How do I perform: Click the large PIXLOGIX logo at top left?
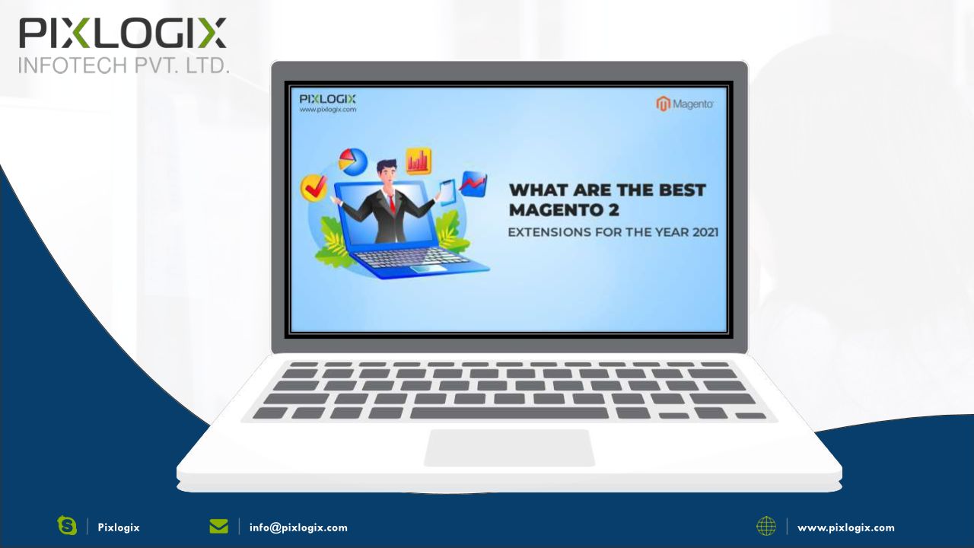pos(123,33)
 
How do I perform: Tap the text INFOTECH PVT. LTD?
pos(123,65)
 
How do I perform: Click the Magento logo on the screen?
pos(684,104)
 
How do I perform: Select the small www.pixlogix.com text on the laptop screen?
pos(327,110)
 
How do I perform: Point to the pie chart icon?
pos(353,162)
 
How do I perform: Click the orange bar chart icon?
pos(419,161)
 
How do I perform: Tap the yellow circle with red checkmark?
pos(314,188)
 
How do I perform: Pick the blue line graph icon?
pos(473,183)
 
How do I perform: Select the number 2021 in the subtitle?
pos(705,232)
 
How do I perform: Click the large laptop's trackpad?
pos(509,448)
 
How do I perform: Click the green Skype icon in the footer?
pos(67,525)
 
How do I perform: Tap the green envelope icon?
pos(218,526)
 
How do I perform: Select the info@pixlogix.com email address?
pos(298,527)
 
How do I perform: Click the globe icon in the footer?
pos(766,526)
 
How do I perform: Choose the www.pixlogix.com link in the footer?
pos(846,528)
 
